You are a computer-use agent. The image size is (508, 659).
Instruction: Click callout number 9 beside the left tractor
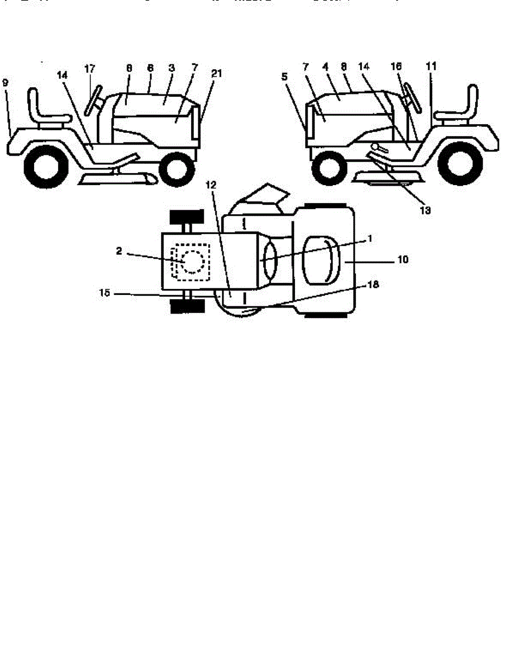(5, 83)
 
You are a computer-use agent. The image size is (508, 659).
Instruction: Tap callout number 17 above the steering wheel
(90, 69)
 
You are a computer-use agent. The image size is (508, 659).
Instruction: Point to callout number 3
(171, 68)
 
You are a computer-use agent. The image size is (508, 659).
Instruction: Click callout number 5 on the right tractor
(284, 77)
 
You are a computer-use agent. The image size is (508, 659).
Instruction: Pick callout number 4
(326, 67)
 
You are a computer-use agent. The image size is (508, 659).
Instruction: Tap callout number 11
(431, 66)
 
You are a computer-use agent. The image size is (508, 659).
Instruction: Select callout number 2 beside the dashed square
(119, 250)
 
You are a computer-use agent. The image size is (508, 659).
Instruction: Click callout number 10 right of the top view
(403, 260)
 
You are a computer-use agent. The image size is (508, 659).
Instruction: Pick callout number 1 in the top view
(370, 238)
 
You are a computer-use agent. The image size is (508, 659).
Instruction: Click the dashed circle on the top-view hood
(192, 260)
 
